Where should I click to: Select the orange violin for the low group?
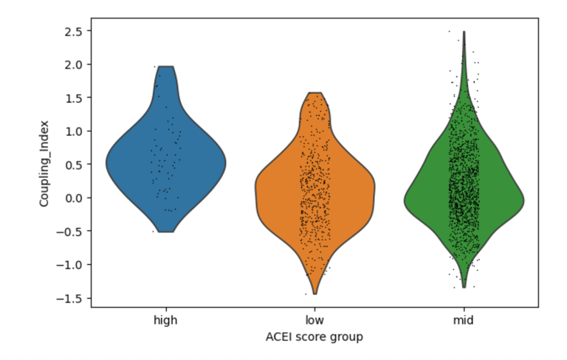(x=315, y=192)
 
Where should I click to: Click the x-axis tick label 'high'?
(x=166, y=320)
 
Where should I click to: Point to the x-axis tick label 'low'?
(x=315, y=320)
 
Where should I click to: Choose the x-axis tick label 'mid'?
(x=464, y=320)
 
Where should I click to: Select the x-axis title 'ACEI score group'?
(x=315, y=336)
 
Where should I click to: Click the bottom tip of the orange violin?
(x=315, y=294)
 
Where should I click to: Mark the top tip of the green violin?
(x=464, y=32)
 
